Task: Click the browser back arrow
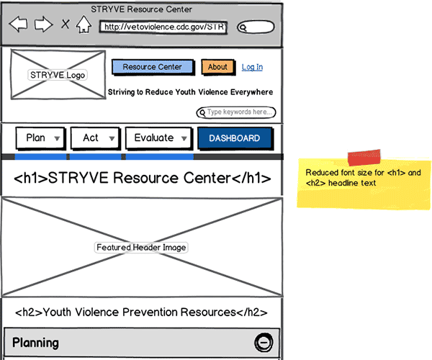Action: click(18, 25)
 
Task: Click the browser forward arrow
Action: click(43, 25)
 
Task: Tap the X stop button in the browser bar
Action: click(66, 25)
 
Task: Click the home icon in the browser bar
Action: click(84, 25)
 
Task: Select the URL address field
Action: click(163, 27)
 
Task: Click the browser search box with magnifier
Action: click(256, 27)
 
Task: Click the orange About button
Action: click(217, 67)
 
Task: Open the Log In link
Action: click(252, 67)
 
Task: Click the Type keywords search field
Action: click(236, 112)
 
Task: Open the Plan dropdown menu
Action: click(40, 138)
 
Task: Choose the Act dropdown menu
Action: click(96, 138)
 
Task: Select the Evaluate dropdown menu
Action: click(158, 138)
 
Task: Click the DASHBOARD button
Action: click(234, 138)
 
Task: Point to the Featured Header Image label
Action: click(142, 247)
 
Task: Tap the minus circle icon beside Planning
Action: click(264, 343)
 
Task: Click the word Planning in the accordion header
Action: click(35, 343)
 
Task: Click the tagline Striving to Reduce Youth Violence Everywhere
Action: click(190, 92)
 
